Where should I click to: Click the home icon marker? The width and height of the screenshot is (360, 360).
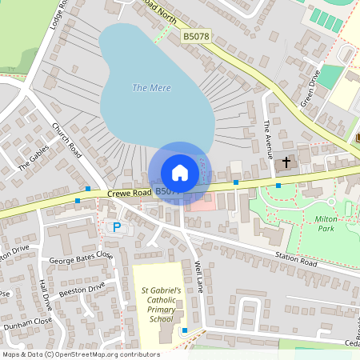[x=179, y=172]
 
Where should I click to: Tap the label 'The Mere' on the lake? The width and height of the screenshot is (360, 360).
[x=150, y=88]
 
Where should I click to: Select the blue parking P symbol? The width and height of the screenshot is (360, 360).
[x=116, y=227]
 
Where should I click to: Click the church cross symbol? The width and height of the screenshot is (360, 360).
[x=286, y=162]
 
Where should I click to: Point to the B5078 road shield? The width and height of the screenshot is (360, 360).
[x=195, y=37]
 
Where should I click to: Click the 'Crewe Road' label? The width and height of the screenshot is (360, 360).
[x=130, y=193]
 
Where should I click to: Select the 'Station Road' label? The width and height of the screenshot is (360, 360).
[x=298, y=262]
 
